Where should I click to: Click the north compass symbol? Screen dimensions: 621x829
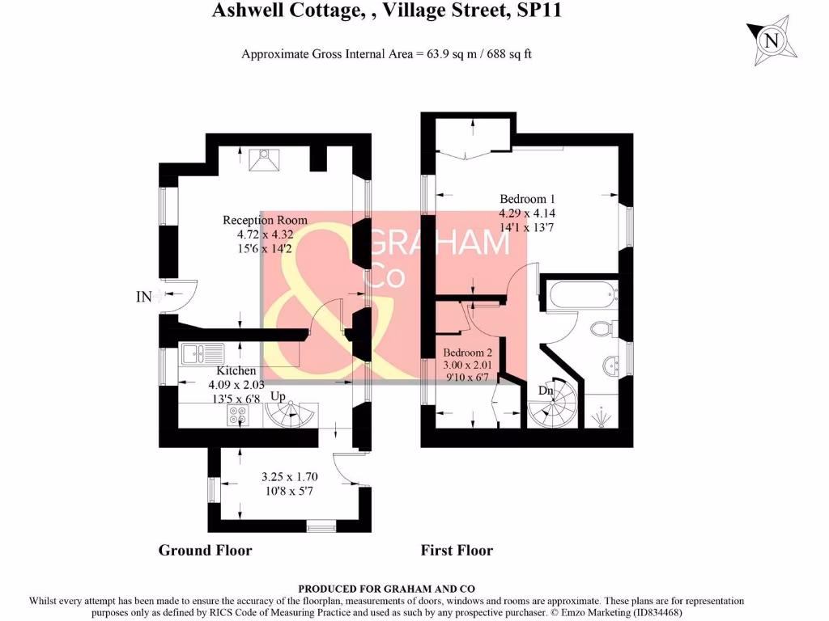click(772, 38)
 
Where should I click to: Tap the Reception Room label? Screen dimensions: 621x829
click(265, 220)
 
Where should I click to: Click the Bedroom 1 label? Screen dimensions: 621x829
click(527, 199)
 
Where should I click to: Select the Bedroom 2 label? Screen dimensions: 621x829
click(467, 353)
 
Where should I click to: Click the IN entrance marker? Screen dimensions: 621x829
click(143, 298)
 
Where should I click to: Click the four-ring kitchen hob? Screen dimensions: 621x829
click(238, 414)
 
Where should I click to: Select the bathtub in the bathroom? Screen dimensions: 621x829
click(578, 296)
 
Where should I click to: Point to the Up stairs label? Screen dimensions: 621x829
click(278, 397)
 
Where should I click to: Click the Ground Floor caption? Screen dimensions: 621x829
click(205, 551)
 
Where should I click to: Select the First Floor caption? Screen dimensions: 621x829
click(457, 551)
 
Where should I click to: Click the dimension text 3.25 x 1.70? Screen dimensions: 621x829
click(288, 477)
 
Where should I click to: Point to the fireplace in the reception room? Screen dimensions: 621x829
click(264, 161)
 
